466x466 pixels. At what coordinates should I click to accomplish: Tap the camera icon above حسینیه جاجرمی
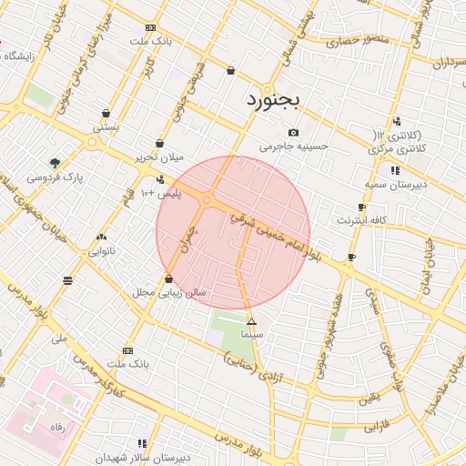(x=293, y=133)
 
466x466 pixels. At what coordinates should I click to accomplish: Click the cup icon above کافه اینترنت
(x=362, y=208)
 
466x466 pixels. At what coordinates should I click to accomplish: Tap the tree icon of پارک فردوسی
(x=56, y=164)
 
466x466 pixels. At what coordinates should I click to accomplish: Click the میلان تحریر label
(x=159, y=157)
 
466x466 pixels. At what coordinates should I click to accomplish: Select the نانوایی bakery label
(x=100, y=249)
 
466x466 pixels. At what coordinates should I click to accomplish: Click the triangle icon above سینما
(x=252, y=322)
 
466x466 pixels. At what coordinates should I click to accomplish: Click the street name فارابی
(x=376, y=426)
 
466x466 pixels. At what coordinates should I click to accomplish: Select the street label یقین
(x=368, y=398)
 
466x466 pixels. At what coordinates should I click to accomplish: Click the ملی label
(x=61, y=338)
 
